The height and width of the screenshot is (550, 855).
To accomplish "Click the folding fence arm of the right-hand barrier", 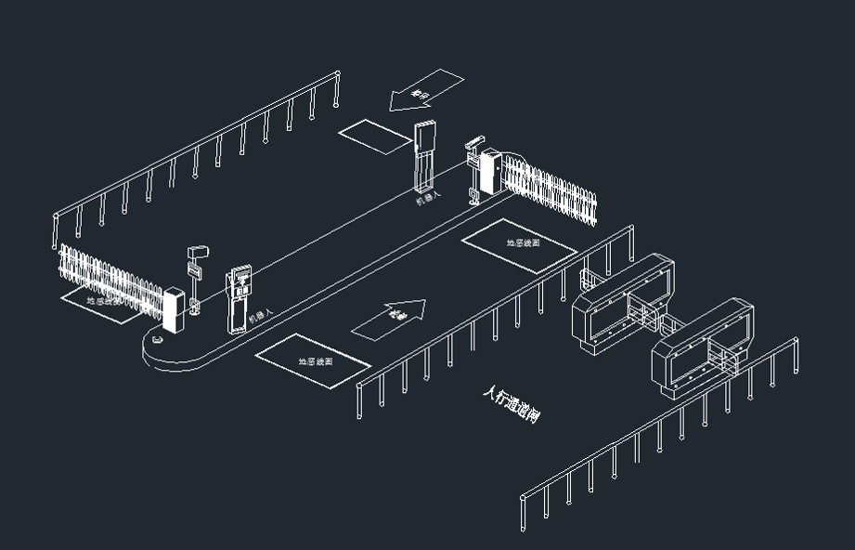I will click(x=551, y=190).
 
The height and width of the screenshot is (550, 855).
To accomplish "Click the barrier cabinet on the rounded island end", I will click(x=172, y=308).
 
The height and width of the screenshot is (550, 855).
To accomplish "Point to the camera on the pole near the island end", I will click(x=198, y=253).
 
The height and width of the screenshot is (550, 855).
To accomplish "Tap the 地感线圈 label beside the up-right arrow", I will click(x=316, y=360).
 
